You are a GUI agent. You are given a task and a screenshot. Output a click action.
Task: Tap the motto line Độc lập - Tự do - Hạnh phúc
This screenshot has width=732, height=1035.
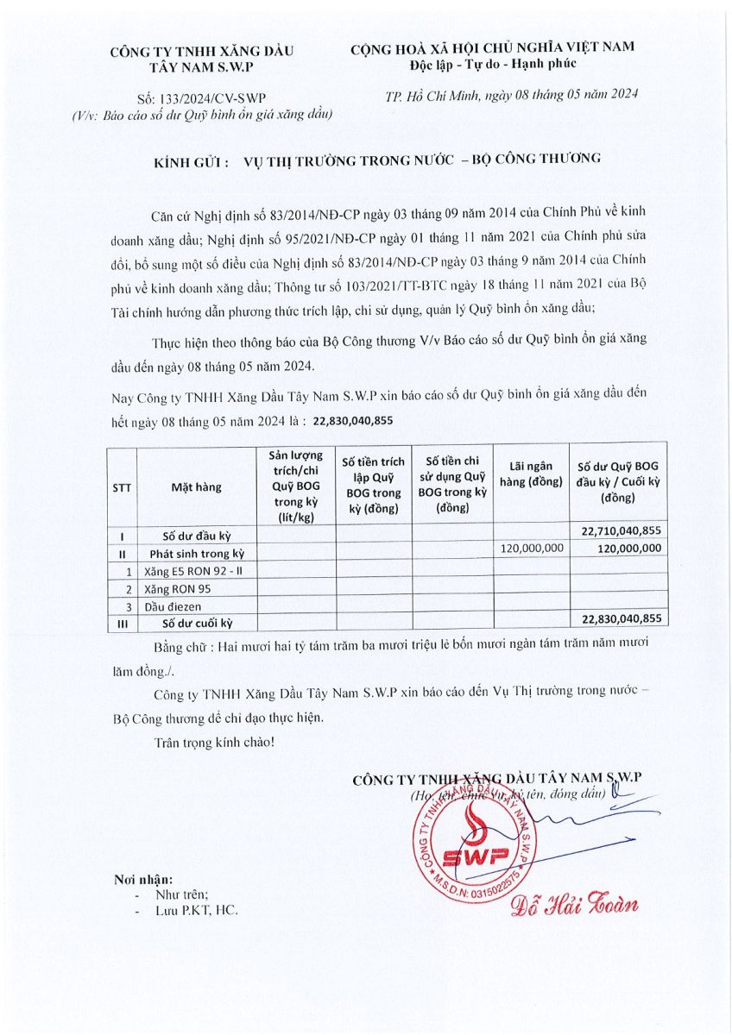(x=493, y=65)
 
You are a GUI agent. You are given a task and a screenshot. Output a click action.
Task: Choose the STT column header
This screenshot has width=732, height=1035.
(x=122, y=487)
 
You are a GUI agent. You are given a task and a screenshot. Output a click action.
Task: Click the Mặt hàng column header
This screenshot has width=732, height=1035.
(x=196, y=487)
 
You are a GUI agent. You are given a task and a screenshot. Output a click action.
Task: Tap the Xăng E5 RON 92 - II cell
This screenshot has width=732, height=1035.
(x=196, y=571)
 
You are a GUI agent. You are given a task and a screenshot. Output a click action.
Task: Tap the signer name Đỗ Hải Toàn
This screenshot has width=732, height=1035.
(x=574, y=904)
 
